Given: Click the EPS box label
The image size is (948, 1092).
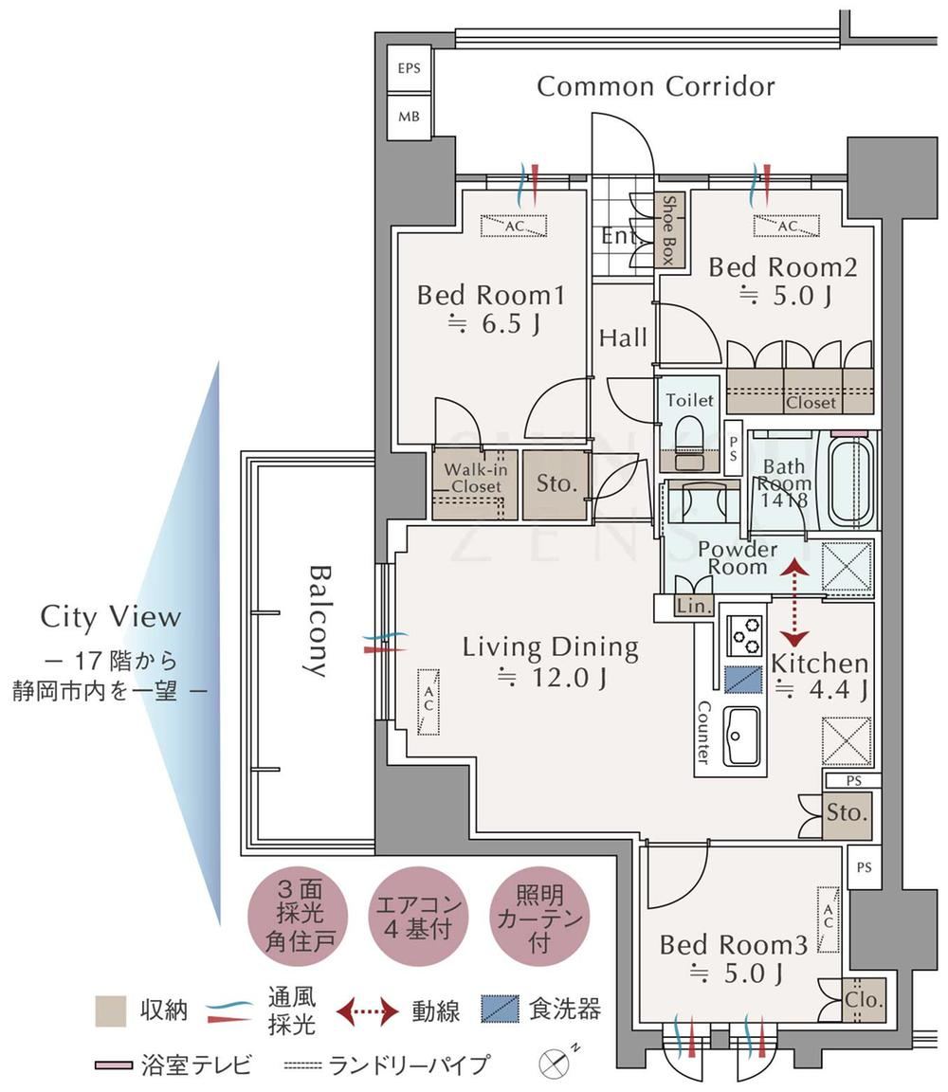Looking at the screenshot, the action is [409, 68].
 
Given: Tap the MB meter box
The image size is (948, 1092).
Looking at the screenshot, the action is [409, 117].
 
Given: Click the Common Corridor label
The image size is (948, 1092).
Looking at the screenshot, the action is [655, 86].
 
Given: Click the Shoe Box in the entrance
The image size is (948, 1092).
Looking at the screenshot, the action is [671, 230].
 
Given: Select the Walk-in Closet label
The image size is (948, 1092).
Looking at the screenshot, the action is [476, 478].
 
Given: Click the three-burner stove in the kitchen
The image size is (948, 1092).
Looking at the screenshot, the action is [744, 634].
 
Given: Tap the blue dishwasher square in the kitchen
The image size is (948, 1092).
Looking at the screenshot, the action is [743, 679].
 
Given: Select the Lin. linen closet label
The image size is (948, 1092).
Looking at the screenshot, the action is [693, 606].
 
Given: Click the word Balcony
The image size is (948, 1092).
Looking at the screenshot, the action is [319, 621].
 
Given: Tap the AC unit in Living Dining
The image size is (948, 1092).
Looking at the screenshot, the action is [428, 701].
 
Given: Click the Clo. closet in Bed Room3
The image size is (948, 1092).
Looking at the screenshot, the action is [864, 1000].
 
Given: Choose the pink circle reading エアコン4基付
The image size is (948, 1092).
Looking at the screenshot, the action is [417, 916].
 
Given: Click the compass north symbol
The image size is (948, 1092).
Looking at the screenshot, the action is [555, 1064].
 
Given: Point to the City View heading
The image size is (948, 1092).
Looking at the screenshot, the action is [111, 617].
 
